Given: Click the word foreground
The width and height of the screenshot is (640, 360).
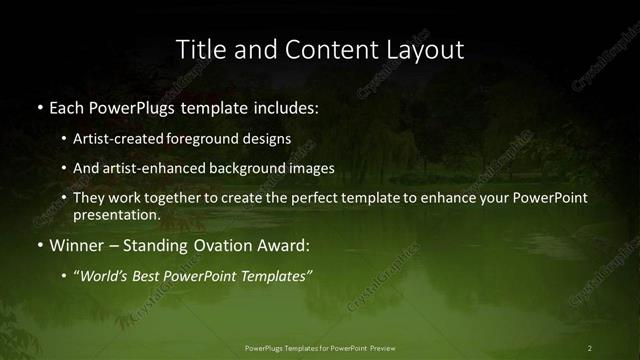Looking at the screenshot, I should pos(214,138).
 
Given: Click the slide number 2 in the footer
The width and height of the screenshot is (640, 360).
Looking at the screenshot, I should pos(590,347).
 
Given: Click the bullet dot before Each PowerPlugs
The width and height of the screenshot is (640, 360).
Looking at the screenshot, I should pos(39,107).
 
